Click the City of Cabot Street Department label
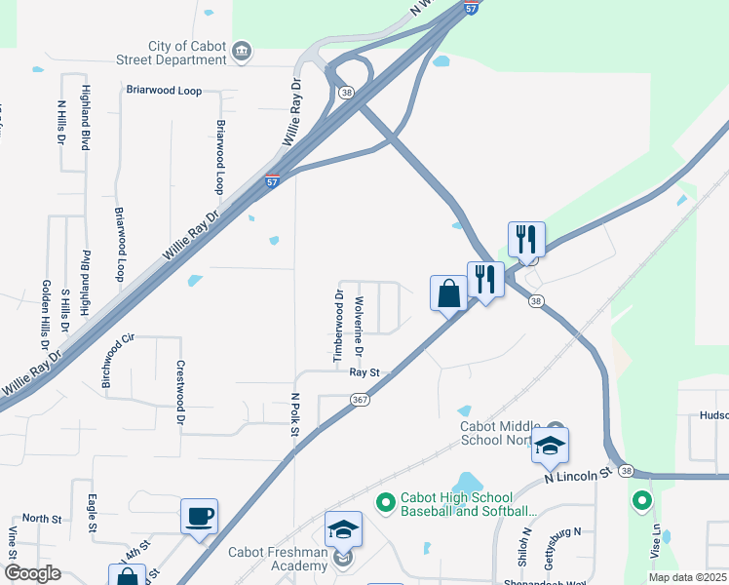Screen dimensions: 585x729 tap(187, 53)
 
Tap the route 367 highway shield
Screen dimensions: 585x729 tap(360, 400)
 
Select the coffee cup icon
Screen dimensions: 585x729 tap(199, 516)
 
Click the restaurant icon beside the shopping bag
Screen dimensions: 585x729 tap(485, 280)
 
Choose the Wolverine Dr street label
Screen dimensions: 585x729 tap(360, 326)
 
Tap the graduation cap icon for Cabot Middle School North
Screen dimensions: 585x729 tap(550, 447)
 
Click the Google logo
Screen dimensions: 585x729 tap(32, 573)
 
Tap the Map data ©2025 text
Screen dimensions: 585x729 tap(686, 577)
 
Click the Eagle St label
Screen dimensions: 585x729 tap(92, 512)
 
